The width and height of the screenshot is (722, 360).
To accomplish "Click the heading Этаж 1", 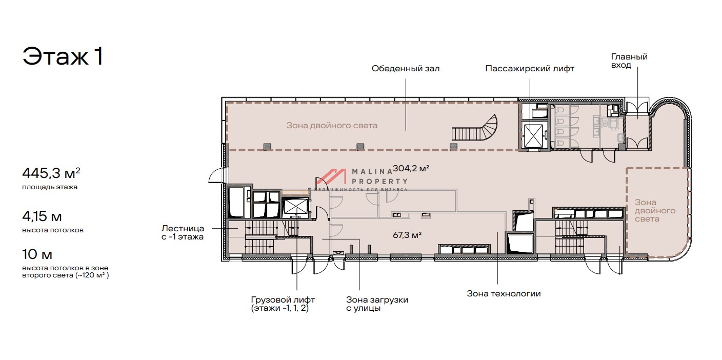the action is [x=63, y=56].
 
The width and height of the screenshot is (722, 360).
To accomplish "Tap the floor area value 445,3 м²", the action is [x=51, y=173].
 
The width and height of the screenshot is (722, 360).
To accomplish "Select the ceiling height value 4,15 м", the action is [x=42, y=216].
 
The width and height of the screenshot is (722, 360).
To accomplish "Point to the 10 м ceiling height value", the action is [x=37, y=254].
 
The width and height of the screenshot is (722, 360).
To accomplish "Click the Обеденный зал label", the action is [x=406, y=68].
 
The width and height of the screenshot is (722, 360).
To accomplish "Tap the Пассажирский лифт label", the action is [x=530, y=69].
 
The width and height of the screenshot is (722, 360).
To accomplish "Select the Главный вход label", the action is [x=629, y=61].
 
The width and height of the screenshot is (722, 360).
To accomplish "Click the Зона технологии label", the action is [x=504, y=294].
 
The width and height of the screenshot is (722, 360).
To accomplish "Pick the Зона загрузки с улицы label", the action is [x=377, y=304].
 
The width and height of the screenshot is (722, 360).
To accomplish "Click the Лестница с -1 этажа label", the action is [x=183, y=233].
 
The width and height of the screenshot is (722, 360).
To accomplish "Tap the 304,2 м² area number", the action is [x=411, y=168].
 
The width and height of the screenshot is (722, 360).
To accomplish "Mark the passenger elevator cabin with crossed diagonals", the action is [x=533, y=136].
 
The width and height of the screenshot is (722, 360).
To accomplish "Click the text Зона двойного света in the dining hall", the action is [x=332, y=125].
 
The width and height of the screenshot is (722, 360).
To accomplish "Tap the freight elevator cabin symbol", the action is [x=295, y=206].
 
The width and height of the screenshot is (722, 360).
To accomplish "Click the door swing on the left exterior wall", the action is [x=215, y=176].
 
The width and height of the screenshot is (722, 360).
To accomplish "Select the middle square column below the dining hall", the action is [x=360, y=147].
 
